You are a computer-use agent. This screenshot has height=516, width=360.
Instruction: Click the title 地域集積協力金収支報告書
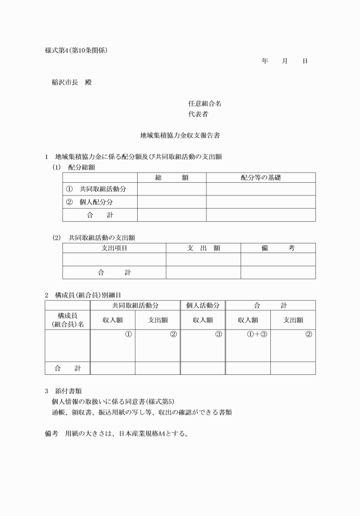(180, 136)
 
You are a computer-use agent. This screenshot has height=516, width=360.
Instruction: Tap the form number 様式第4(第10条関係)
(76, 50)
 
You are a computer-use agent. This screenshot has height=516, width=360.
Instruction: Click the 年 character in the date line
(265, 60)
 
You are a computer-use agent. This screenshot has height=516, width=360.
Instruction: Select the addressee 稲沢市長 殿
(71, 82)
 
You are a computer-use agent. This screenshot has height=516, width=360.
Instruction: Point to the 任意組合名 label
(205, 103)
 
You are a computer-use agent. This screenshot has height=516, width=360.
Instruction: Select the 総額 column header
(171, 178)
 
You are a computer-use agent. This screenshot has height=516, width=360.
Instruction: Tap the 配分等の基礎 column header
(261, 178)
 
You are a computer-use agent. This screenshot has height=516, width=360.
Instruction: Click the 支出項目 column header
(114, 247)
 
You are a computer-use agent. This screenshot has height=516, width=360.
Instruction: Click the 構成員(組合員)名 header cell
(67, 320)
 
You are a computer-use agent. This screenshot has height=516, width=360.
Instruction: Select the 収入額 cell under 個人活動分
(203, 320)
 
